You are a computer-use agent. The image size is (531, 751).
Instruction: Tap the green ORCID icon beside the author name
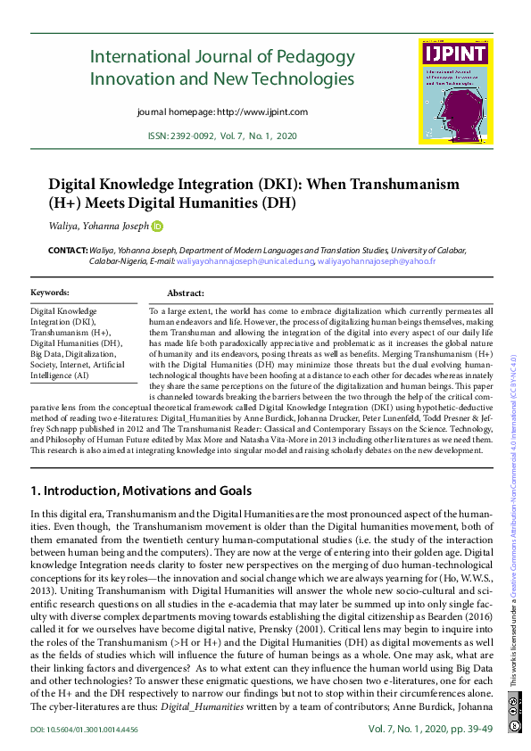158,227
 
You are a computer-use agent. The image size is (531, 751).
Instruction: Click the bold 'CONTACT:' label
67,252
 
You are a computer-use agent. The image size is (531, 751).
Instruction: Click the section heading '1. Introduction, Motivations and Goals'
142,491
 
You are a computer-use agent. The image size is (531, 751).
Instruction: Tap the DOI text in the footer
85,730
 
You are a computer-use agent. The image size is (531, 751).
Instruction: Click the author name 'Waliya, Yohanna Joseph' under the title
98,227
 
